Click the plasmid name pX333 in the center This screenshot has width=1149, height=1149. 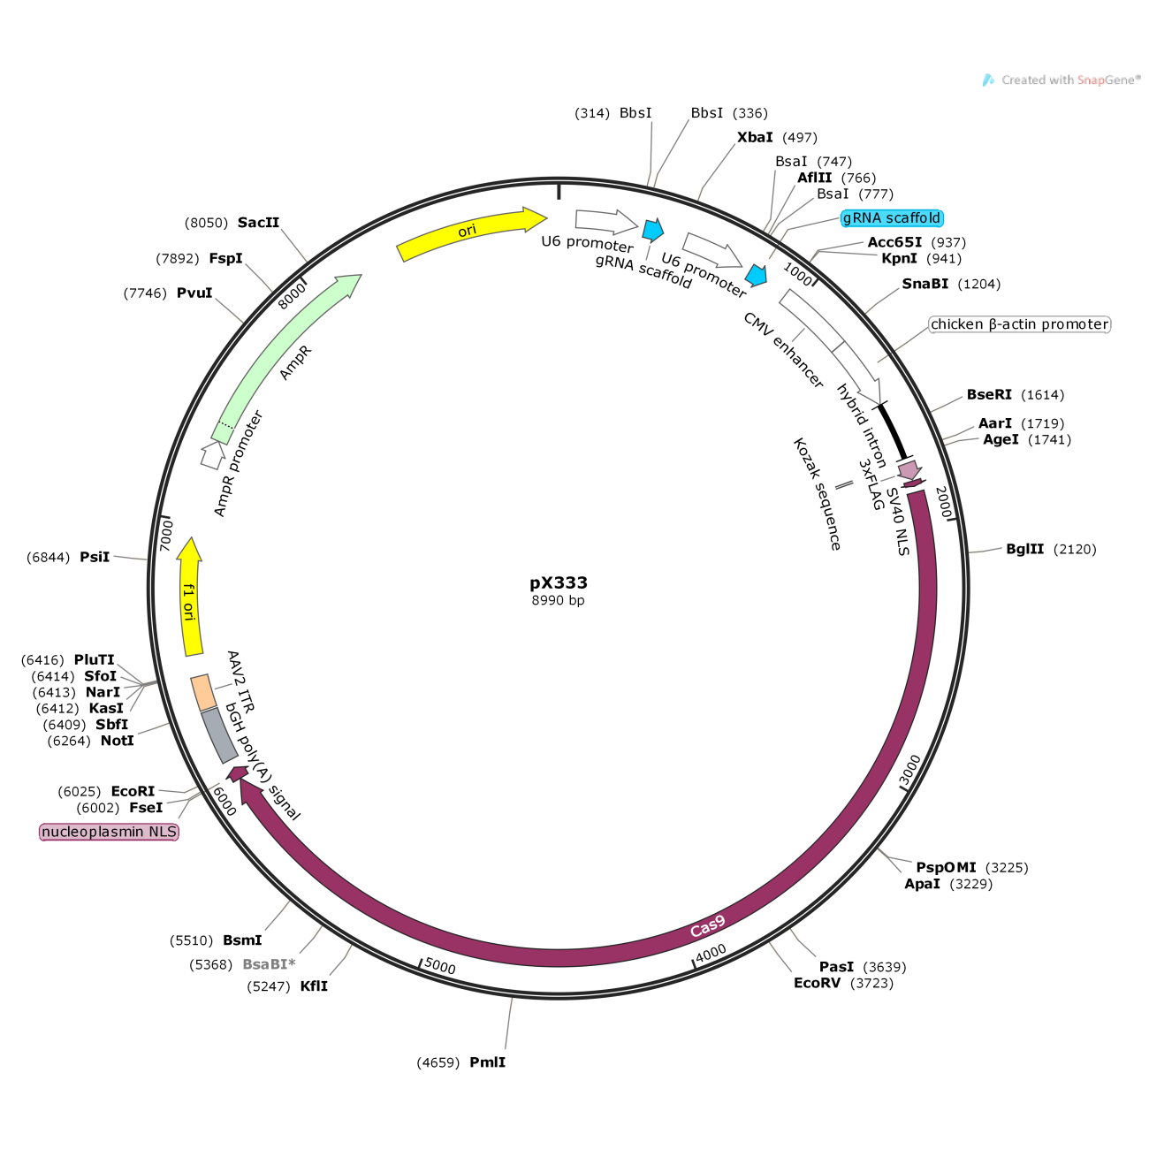click(x=558, y=582)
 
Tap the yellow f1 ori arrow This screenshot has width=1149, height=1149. click(x=190, y=597)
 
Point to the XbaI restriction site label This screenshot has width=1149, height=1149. click(x=754, y=137)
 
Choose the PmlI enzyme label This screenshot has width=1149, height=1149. click(x=487, y=1062)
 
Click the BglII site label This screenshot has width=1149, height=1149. click(x=1025, y=549)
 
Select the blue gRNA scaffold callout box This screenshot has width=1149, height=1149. click(x=892, y=218)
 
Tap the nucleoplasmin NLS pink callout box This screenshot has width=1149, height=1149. click(x=109, y=832)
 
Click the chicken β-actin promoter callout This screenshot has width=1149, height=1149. click(x=1020, y=324)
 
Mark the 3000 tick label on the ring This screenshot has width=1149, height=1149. click(x=910, y=771)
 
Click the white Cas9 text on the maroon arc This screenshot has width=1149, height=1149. click(x=708, y=926)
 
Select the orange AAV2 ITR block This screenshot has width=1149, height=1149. click(x=203, y=692)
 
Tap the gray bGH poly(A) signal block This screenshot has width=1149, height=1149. click(x=219, y=735)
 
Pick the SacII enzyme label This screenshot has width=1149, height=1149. click(x=258, y=223)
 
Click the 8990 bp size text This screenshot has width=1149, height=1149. click(x=558, y=600)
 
